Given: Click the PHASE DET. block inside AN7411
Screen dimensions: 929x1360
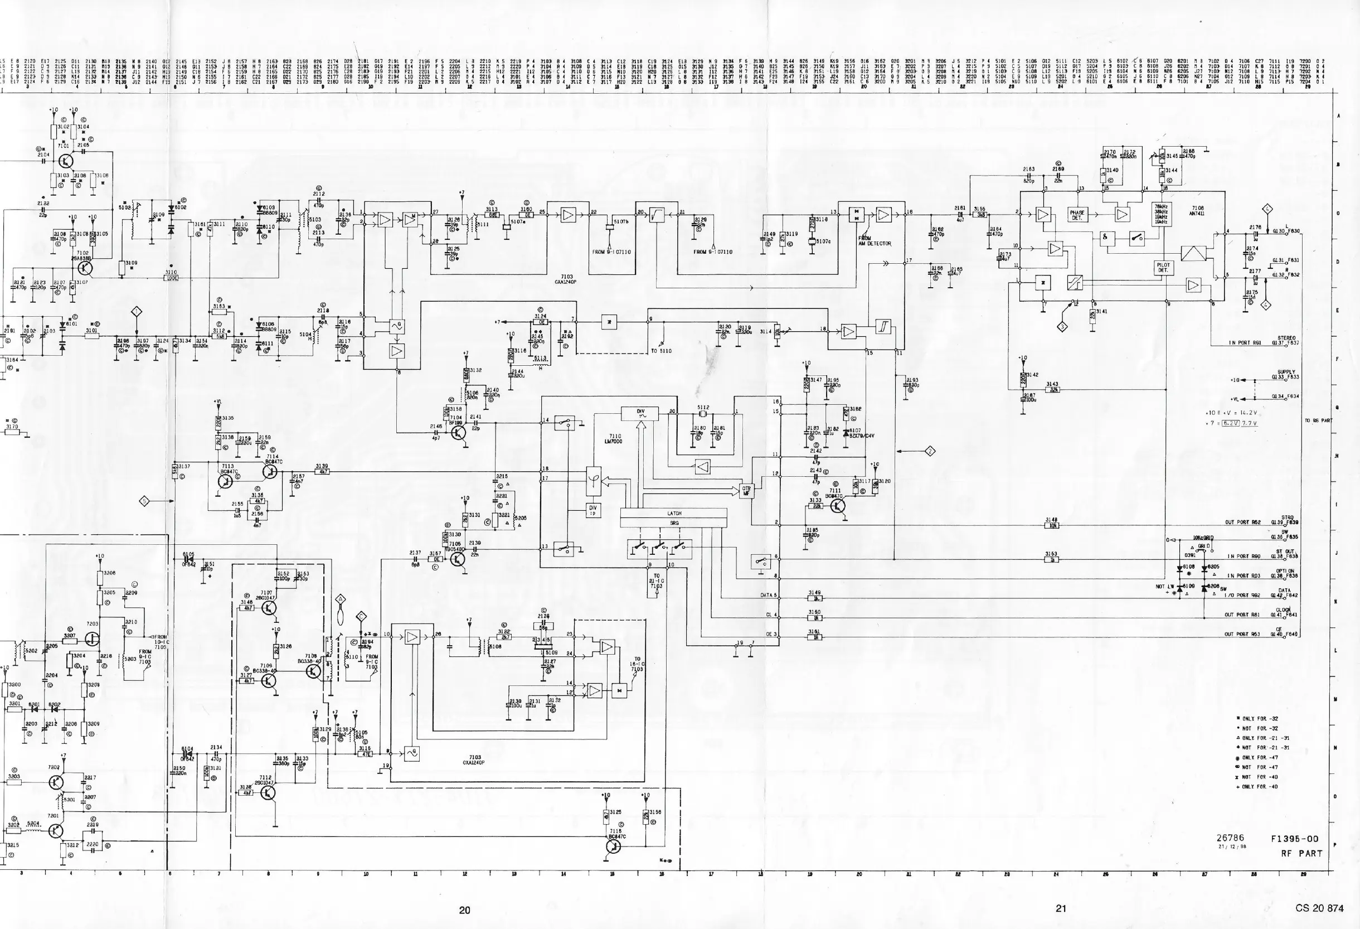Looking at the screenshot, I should click(1077, 215).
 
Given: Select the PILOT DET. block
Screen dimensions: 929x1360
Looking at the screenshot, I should click(1163, 268).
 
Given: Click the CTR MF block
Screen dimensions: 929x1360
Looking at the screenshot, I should click(746, 490).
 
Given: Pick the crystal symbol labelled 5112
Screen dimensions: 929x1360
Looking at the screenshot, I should click(703, 415).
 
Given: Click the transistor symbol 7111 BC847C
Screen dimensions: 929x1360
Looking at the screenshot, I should click(838, 506).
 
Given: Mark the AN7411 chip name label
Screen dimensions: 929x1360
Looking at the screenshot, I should click(1197, 211).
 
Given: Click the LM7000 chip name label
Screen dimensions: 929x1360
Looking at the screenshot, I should click(614, 438).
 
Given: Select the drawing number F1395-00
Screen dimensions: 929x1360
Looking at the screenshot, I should click(1294, 839).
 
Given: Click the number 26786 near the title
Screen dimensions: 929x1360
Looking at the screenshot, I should click(1230, 838).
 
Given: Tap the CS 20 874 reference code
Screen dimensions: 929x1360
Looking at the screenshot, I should click(1319, 908).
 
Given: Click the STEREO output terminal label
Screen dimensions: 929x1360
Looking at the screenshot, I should click(1286, 338).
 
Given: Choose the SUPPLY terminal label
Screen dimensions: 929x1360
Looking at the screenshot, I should click(1286, 372).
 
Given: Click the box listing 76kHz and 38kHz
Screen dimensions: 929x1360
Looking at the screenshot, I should click(1161, 214).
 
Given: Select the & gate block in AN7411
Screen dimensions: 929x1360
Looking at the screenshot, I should click(1105, 237).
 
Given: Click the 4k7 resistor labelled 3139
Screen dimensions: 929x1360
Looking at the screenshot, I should click(322, 471).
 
